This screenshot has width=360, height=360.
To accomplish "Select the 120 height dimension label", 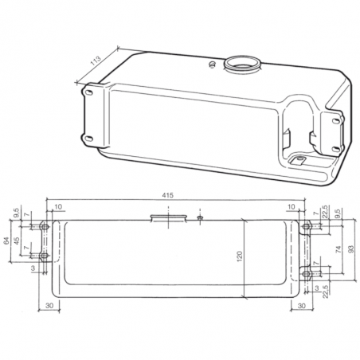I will [x=238, y=257].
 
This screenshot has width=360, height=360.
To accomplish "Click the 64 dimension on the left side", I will [x=7, y=241].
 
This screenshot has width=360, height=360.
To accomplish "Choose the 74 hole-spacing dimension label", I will [x=339, y=250].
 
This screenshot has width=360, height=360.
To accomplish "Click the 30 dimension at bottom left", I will [x=49, y=304].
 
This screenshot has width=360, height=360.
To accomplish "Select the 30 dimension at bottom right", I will [x=301, y=304].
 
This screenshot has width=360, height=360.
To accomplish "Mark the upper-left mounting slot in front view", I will [x=45, y=228].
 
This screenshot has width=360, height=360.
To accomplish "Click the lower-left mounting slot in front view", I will [x=45, y=256].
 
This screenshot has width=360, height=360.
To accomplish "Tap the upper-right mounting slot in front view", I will [x=307, y=228].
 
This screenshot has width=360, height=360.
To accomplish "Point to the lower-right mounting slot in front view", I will [x=307, y=274].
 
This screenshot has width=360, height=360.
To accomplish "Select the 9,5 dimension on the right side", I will [x=338, y=214].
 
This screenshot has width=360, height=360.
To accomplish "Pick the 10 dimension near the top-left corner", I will [x=58, y=206].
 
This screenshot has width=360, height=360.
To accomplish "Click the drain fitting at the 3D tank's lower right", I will [x=299, y=159].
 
